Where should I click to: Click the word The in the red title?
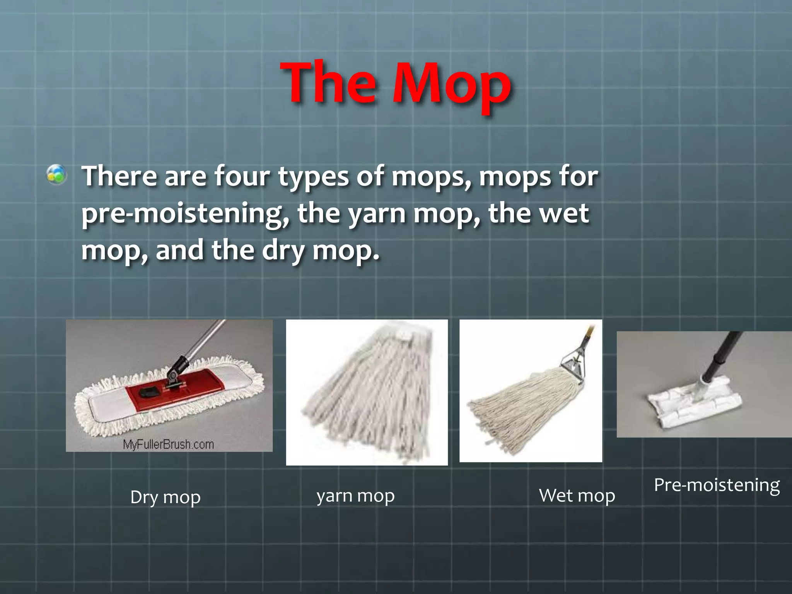(329, 83)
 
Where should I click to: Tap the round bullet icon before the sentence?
(56, 174)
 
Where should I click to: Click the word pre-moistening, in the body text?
(185, 213)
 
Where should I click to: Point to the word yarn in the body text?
(377, 213)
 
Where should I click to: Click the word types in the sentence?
(314, 177)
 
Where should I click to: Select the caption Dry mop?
(166, 497)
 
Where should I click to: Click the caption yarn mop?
(355, 496)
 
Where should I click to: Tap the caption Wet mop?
(577, 496)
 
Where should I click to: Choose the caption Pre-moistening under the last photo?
(717, 485)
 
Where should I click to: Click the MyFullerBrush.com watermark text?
(168, 444)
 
